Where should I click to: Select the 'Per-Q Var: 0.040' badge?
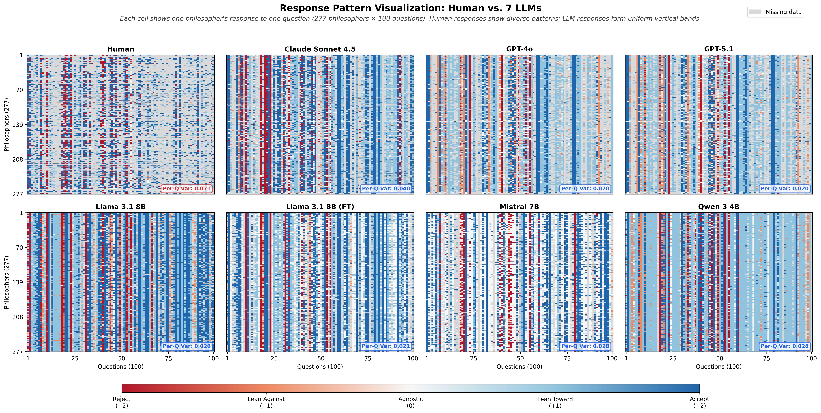point(386,189)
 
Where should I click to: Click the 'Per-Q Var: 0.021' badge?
point(386,346)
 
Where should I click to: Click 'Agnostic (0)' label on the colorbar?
point(411,402)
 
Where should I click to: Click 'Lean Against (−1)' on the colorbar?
point(266,402)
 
